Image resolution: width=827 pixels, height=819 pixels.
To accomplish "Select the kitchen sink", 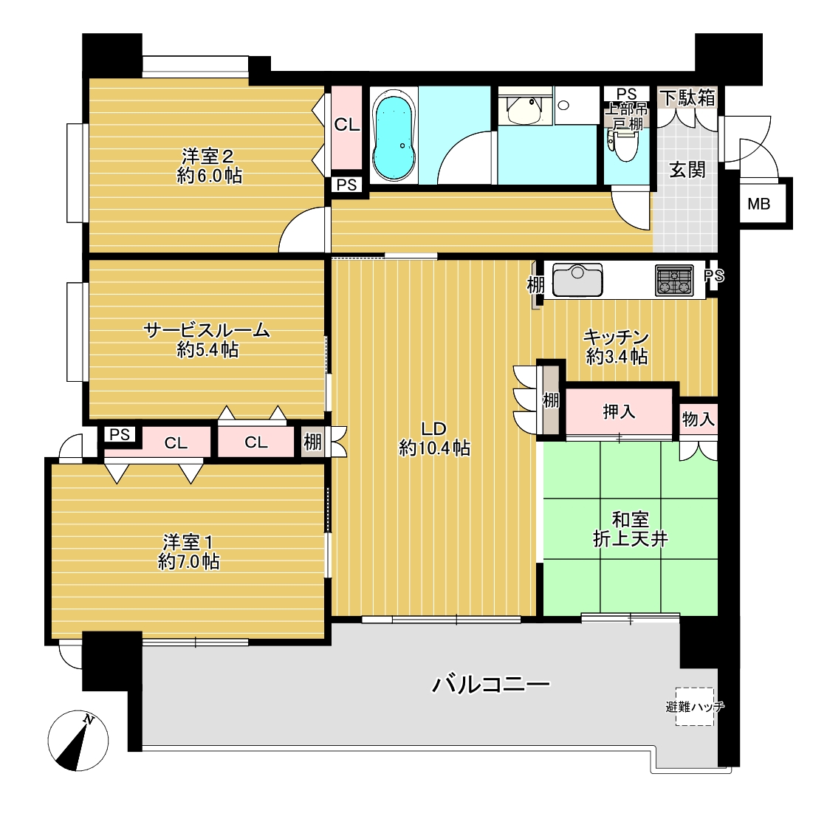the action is [577, 280].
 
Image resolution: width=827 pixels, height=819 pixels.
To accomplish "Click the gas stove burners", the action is [674, 280].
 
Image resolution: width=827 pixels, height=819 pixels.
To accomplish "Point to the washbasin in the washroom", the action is [524, 109].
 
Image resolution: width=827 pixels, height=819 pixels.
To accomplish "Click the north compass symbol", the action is [78, 741].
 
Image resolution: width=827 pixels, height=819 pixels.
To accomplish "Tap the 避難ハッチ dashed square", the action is [695, 707].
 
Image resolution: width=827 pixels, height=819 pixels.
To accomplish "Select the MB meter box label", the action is [759, 204].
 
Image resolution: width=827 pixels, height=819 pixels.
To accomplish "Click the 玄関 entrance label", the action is [687, 170].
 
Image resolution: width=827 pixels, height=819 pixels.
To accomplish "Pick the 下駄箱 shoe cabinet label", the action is [688, 97].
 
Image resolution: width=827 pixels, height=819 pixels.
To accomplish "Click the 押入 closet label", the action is [620, 412].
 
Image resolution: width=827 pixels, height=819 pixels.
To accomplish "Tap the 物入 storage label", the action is [699, 419].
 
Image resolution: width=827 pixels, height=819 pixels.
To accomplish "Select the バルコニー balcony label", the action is [491, 685].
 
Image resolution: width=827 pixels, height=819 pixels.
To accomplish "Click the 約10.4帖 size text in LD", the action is [435, 448].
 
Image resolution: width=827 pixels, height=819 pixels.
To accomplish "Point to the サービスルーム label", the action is [207, 330].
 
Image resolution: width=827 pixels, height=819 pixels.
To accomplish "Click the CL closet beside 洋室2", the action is [347, 125].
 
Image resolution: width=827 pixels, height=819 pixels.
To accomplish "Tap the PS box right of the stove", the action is [714, 275].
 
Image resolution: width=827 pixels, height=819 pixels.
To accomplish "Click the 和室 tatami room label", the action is [631, 519].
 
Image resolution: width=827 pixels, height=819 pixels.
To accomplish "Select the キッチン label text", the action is [616, 337].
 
